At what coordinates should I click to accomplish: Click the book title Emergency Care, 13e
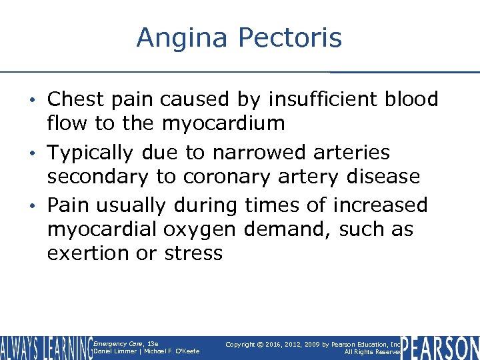click(126, 343)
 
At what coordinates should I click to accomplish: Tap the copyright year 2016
click(277, 344)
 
